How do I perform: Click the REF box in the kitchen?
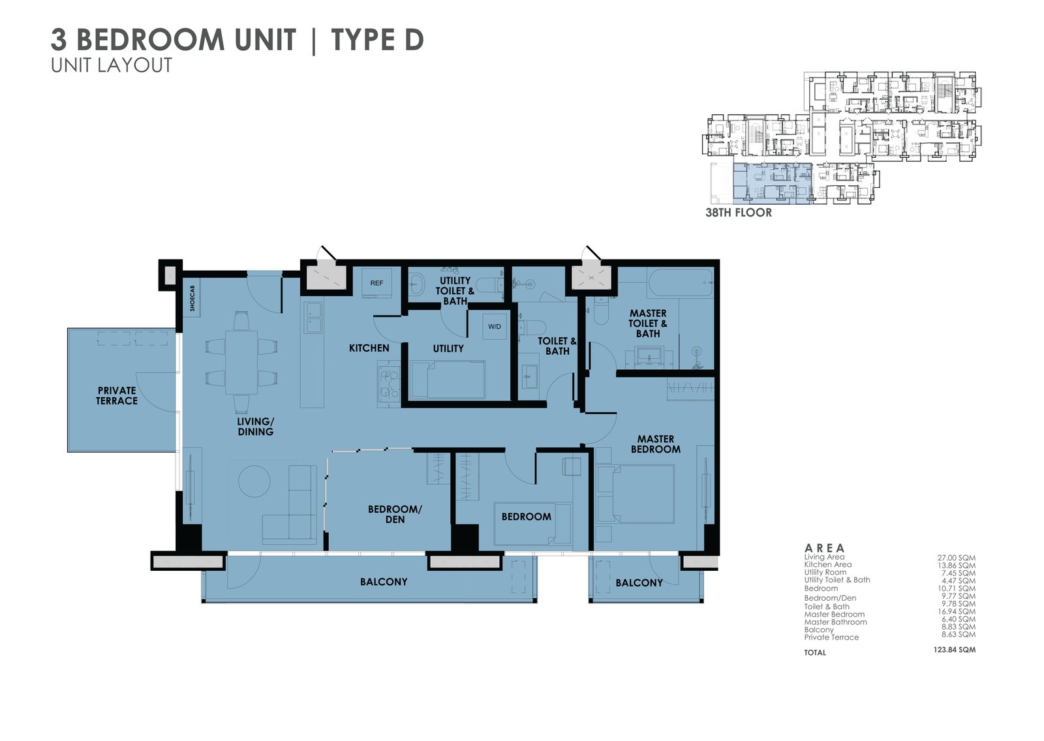click(x=376, y=283)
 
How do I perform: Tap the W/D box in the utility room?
click(x=494, y=326)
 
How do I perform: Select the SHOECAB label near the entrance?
click(x=192, y=298)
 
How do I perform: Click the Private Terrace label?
click(x=117, y=396)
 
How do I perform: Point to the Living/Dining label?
click(x=255, y=427)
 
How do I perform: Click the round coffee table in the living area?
click(x=254, y=481)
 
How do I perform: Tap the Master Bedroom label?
click(x=655, y=444)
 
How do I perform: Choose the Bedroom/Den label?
click(x=395, y=514)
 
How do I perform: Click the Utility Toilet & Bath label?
click(x=455, y=291)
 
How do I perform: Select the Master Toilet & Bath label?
click(x=647, y=324)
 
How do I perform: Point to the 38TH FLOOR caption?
click(x=738, y=213)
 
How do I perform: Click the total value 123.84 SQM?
click(x=954, y=650)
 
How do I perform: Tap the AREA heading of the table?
click(x=824, y=548)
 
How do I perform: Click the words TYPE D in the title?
click(x=377, y=40)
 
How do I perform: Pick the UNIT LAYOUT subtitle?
click(x=112, y=66)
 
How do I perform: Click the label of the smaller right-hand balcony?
click(x=639, y=582)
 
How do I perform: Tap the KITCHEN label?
click(x=369, y=348)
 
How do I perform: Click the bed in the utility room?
click(x=448, y=380)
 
